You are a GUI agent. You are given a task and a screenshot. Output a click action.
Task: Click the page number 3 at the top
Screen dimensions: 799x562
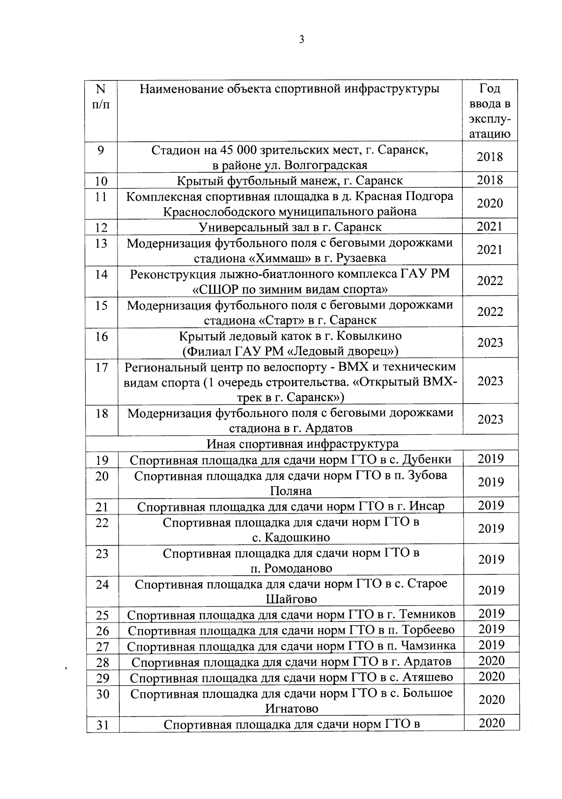[x=302, y=40]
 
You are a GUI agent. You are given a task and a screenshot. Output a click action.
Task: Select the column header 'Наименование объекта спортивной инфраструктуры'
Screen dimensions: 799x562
[x=290, y=88]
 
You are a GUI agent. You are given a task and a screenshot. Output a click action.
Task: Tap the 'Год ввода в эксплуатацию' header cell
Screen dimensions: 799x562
[x=490, y=111]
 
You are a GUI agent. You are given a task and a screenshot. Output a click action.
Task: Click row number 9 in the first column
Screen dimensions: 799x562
[x=101, y=150]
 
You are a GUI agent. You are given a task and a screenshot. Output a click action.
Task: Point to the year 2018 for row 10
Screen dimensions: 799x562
[x=490, y=180]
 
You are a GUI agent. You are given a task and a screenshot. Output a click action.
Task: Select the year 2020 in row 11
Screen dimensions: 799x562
[x=490, y=203]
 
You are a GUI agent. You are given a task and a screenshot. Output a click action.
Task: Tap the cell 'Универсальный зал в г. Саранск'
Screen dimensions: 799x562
[x=290, y=227]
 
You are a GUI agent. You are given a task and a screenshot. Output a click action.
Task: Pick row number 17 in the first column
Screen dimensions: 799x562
[x=102, y=367]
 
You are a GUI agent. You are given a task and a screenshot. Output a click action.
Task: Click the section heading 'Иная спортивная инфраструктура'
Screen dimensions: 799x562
[x=303, y=443]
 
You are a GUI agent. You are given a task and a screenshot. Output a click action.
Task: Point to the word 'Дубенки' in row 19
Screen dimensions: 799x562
[x=428, y=459]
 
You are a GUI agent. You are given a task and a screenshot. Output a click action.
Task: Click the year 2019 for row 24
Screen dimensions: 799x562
[x=491, y=590]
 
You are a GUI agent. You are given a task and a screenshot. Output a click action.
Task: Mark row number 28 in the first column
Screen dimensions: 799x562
[x=102, y=662]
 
